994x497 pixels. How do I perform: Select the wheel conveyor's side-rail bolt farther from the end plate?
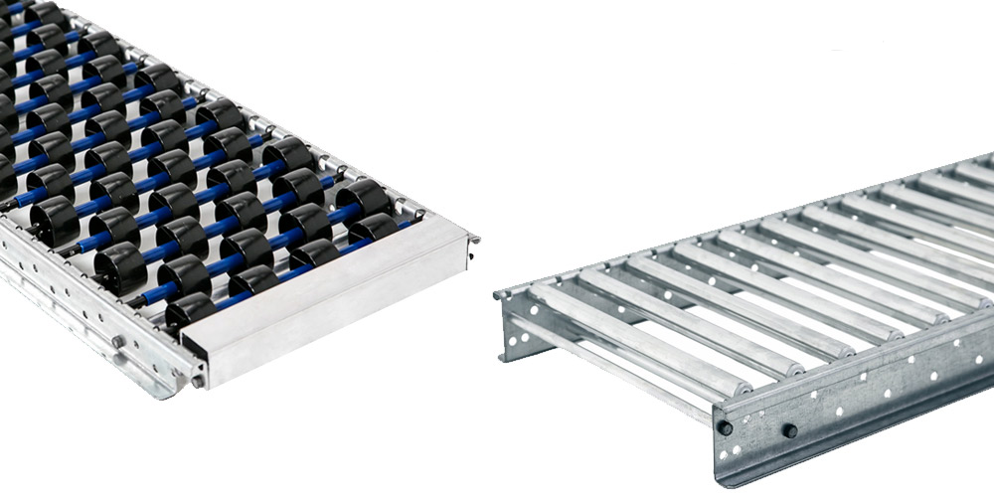point(117,341)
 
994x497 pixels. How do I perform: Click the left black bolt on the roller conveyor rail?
point(726,427)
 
